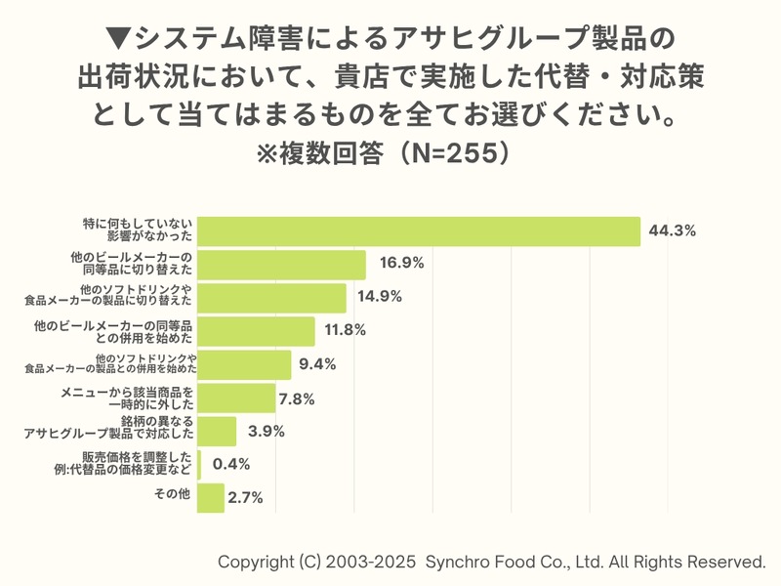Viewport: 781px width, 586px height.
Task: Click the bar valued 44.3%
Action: (419, 231)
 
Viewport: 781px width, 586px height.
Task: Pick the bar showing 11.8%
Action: (256, 331)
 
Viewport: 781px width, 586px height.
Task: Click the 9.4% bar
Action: (244, 364)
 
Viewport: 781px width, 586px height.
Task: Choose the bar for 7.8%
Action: (236, 398)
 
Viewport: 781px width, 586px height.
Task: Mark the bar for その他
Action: (210, 497)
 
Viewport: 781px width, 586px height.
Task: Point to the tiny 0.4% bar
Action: (199, 464)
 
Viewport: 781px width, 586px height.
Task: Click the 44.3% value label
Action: (672, 231)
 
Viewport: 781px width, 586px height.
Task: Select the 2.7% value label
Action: (245, 497)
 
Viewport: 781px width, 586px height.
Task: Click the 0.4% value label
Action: (231, 464)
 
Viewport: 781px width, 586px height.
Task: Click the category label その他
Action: (173, 495)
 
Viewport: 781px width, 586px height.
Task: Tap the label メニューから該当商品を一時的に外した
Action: (128, 397)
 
